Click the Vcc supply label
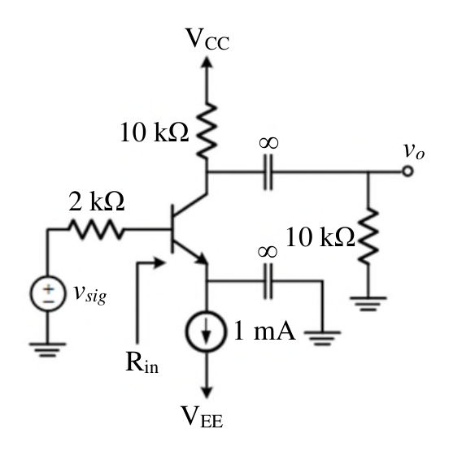pos(207,39)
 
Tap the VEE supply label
pos(202,416)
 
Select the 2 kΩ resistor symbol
pos(96,229)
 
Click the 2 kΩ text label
pos(96,201)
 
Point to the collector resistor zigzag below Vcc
pos(207,132)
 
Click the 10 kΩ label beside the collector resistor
pos(154,132)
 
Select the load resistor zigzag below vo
pos(368,236)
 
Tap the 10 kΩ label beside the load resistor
pos(320,237)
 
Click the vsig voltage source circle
pos(47,293)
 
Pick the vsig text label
pos(89,294)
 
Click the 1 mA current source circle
pos(206,331)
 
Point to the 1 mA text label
pos(264,331)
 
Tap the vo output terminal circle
pos(408,171)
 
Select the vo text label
pos(414,151)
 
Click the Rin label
pos(142,362)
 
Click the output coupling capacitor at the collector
pos(268,172)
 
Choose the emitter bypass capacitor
pos(268,281)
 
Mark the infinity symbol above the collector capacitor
pos(268,143)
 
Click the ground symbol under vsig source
pos(47,349)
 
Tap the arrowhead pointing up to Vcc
pos(207,63)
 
